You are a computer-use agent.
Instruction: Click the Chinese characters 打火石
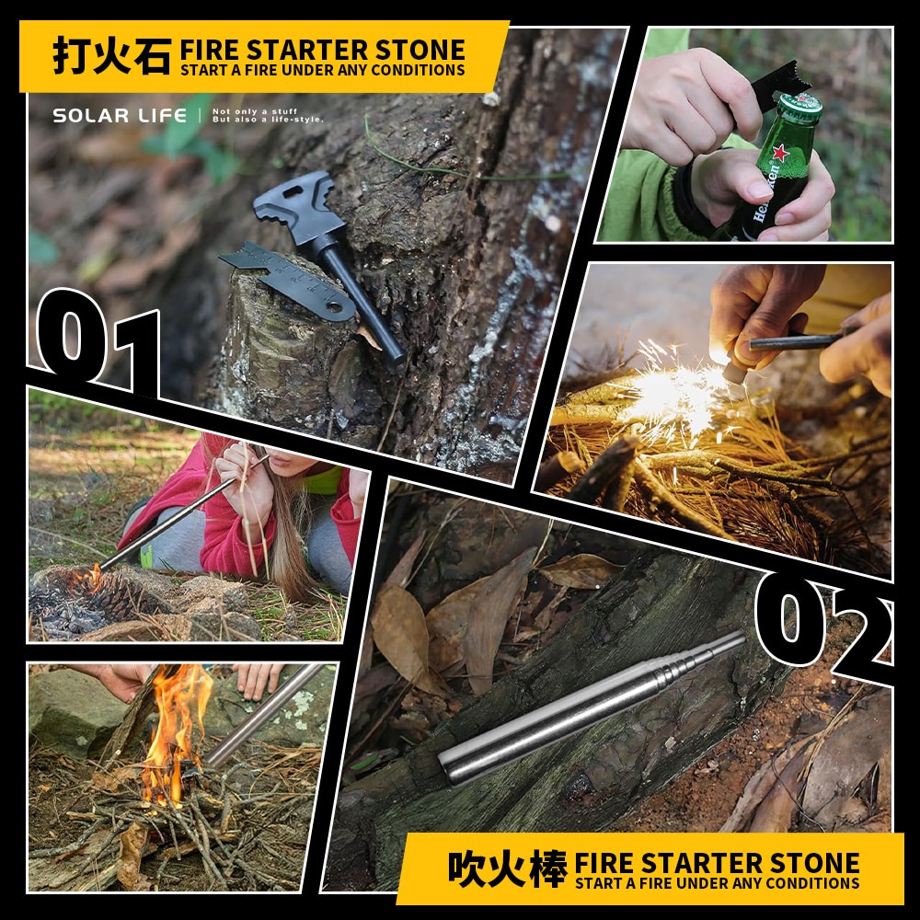pos(111,56)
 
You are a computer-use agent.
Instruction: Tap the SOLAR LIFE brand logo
pos(120,116)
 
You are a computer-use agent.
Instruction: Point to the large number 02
pos(823,626)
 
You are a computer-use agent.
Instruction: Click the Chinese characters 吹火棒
pos(508,868)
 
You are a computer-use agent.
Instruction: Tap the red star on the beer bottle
pos(780,153)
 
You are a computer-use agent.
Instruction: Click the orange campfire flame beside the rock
pos(174,733)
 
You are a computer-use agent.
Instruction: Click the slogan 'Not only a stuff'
pos(255,111)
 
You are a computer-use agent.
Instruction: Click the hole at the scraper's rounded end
pos(336,307)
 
